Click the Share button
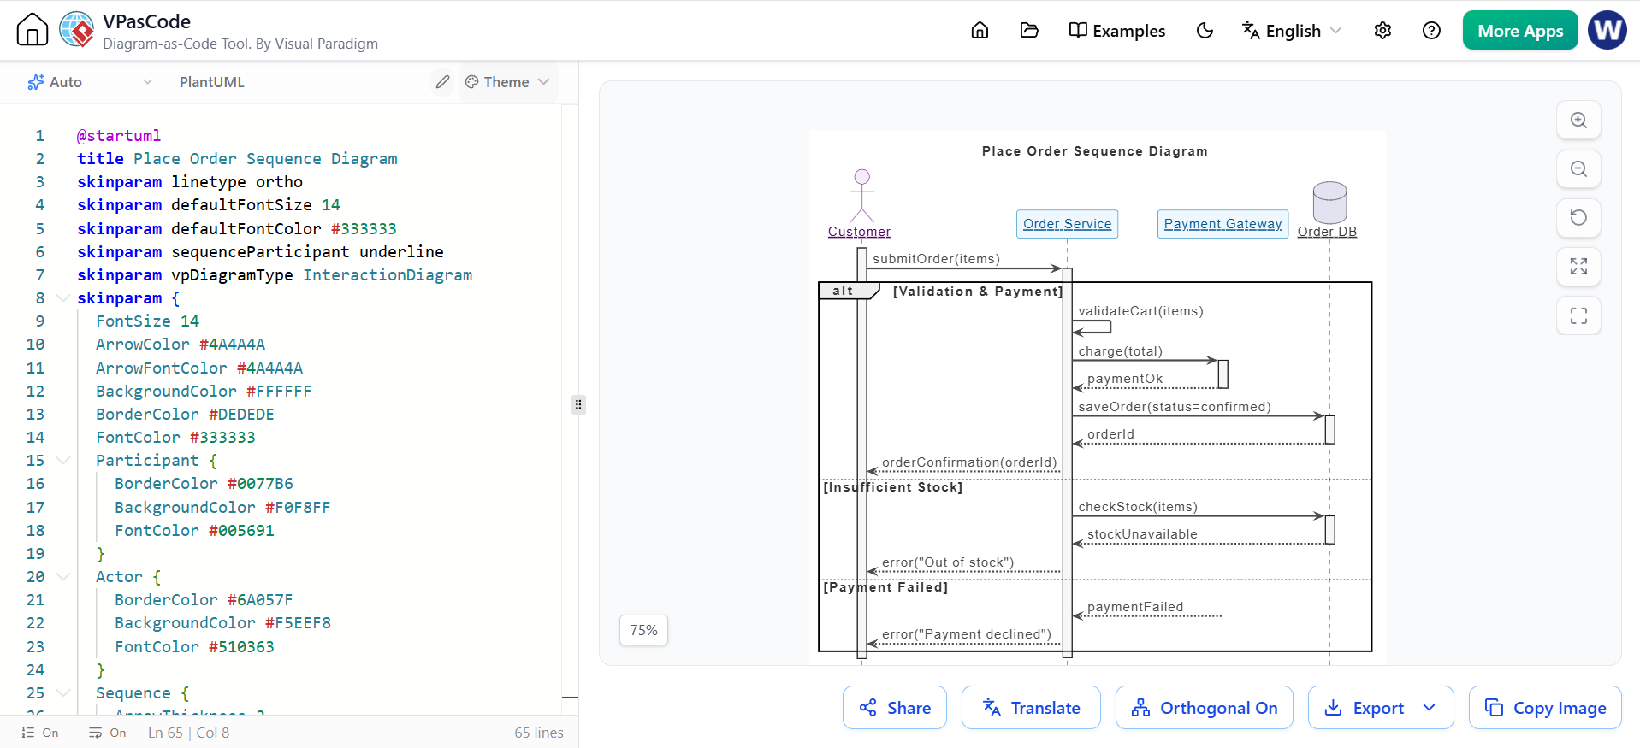895,708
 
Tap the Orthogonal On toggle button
1205,708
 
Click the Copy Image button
1545,708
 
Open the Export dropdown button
1381,708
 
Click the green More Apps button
1520,31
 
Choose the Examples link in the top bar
1117,31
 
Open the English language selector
1292,31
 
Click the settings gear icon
1382,31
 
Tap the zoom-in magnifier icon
1578,121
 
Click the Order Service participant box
1067,224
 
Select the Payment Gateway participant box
1223,224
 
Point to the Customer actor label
859,232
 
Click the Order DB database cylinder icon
1329,203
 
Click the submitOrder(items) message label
936,259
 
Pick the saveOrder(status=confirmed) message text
1175,407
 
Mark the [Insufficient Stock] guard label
892,487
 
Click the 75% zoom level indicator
643,630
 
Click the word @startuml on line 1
119,136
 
